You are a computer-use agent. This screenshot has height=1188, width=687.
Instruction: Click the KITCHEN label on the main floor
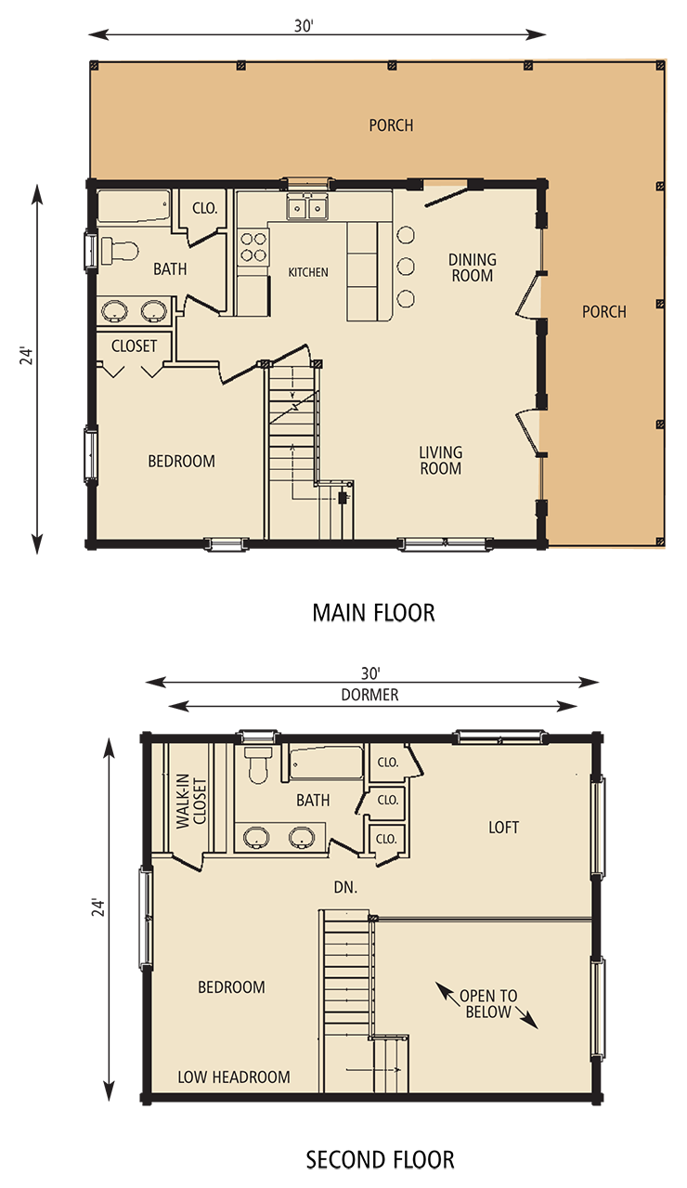[x=308, y=272]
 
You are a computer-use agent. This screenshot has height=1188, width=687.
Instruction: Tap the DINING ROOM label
[x=473, y=268]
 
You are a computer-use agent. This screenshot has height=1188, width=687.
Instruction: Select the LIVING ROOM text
[x=440, y=461]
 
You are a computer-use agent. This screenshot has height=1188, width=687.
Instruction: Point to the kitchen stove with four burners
[x=253, y=247]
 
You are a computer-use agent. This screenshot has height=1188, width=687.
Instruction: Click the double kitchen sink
[x=307, y=206]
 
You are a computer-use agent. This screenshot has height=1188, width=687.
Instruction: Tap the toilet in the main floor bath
[x=119, y=250]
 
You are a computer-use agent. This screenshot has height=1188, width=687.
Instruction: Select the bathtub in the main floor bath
[x=134, y=206]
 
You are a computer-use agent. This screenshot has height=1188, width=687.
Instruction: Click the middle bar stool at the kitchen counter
[x=406, y=267]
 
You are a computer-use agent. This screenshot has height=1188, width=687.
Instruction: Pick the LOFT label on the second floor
[x=503, y=827]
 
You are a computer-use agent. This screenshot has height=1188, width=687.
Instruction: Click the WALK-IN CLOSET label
[x=191, y=801]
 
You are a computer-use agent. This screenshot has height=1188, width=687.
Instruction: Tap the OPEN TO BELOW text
[x=487, y=1003]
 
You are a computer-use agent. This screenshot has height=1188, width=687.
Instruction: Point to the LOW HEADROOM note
[x=234, y=1077]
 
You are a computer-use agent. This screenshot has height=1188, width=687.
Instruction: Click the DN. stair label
[x=345, y=887]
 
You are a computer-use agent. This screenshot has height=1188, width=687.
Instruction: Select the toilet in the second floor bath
[x=258, y=764]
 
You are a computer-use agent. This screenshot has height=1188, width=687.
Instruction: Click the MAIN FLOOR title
[x=374, y=612]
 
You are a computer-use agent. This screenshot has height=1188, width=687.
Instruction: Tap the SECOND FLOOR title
[x=380, y=1160]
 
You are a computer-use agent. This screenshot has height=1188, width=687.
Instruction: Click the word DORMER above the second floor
[x=369, y=695]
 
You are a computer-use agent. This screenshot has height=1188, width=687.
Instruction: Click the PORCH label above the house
[x=391, y=125]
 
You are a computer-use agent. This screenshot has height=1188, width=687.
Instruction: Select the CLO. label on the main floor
[x=205, y=208]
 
